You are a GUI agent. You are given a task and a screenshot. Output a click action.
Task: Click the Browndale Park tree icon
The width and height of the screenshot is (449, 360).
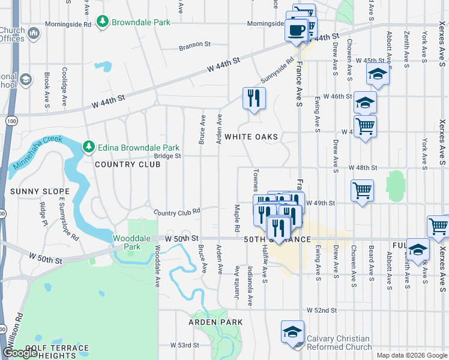[x=103, y=22]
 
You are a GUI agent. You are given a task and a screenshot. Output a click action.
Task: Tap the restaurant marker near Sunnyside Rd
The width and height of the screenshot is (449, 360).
[x=254, y=97]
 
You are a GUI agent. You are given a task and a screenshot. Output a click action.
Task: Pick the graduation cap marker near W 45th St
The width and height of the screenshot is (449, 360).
[x=378, y=74]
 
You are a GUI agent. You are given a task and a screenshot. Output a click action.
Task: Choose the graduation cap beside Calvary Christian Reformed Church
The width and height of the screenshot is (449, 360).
[x=292, y=331]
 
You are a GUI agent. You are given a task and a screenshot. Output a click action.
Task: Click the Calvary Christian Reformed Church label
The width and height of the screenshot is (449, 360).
[x=339, y=343]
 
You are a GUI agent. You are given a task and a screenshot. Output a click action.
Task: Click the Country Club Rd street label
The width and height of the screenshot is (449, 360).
[x=176, y=212]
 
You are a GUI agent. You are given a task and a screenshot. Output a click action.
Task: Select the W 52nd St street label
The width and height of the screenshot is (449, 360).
[x=321, y=310]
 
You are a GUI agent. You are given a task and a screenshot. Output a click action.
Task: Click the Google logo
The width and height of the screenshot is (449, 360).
[x=20, y=353]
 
